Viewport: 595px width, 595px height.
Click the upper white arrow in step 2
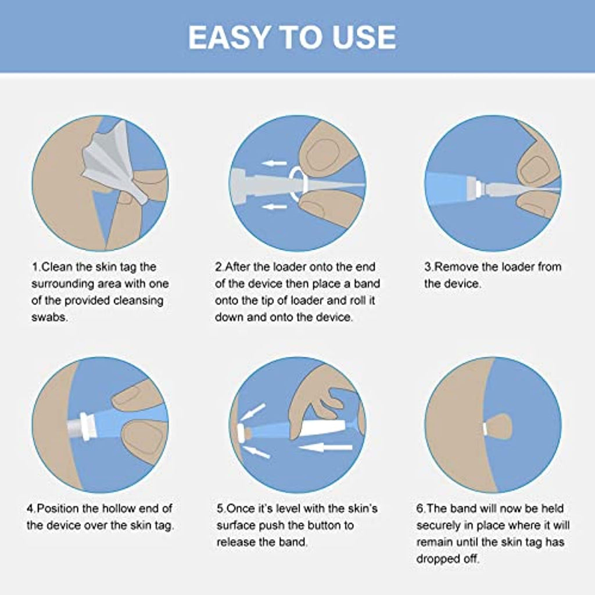[x=274, y=163]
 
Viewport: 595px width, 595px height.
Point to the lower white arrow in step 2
[x=274, y=207]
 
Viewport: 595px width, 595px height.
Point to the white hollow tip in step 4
[x=80, y=426]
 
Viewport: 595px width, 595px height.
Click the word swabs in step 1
[x=49, y=317]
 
